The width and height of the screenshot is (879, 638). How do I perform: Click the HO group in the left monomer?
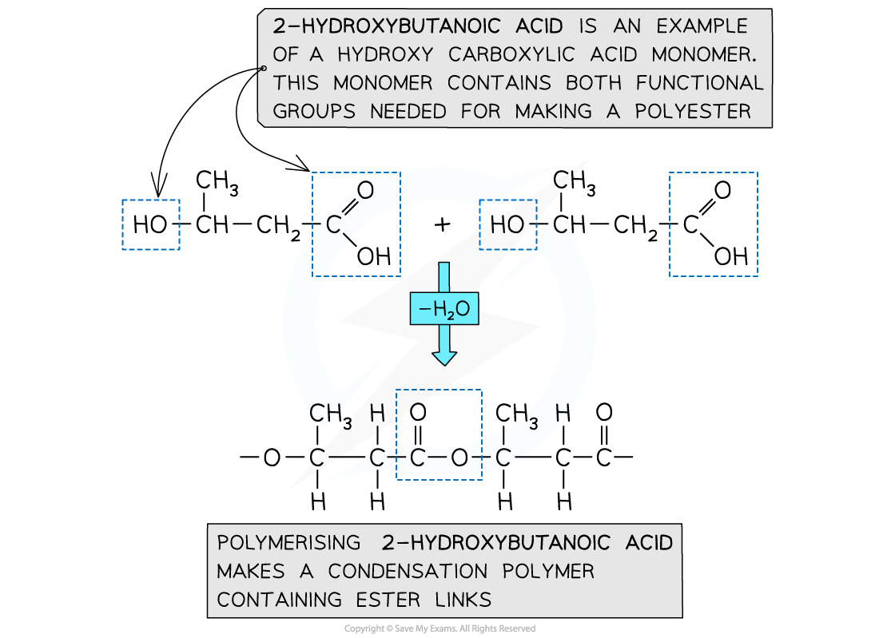(150, 225)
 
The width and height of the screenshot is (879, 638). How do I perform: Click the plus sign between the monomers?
(442, 225)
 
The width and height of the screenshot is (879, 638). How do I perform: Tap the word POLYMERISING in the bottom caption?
(289, 543)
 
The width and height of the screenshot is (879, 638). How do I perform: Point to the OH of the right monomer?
(730, 256)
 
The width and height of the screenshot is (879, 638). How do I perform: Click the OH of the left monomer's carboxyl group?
(373, 256)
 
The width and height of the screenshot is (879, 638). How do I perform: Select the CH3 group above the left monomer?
(216, 183)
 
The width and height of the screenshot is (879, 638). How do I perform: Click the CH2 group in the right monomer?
(638, 227)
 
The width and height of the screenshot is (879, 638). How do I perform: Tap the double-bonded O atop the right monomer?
(722, 190)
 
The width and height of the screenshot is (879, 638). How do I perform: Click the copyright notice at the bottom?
(439, 629)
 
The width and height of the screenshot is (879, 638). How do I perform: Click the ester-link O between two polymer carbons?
(459, 458)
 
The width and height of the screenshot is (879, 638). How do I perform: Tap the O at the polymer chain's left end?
(272, 458)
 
